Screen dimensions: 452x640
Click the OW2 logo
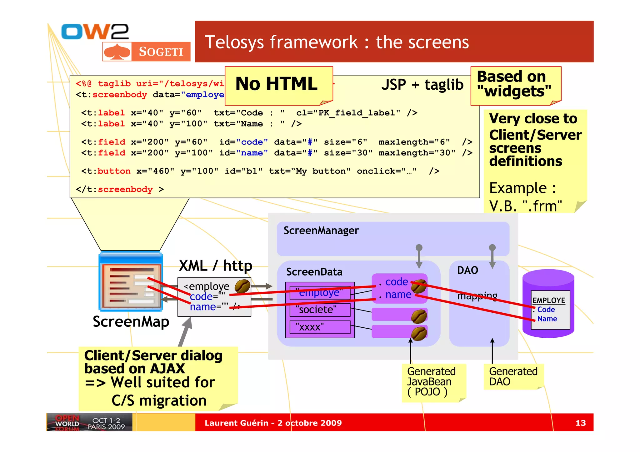tap(95, 32)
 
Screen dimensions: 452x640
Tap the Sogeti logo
tap(146, 52)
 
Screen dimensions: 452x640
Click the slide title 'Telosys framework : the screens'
tap(337, 42)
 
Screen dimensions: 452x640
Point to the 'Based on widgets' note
tap(515, 84)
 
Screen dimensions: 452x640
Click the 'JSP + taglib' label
tap(422, 85)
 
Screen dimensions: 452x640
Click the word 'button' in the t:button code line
tap(114, 171)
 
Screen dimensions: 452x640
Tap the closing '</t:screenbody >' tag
tap(120, 189)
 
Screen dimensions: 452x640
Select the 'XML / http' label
tap(215, 266)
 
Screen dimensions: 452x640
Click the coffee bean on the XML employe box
tap(242, 286)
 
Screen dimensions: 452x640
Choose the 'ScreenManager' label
tap(321, 231)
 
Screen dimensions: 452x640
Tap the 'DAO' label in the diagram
tap(467, 270)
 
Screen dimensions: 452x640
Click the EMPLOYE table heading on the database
tap(549, 301)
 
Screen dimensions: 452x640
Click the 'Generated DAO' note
tap(513, 376)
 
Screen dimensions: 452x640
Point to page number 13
tap(580, 423)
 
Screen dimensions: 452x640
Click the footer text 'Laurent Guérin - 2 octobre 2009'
tap(273, 423)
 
